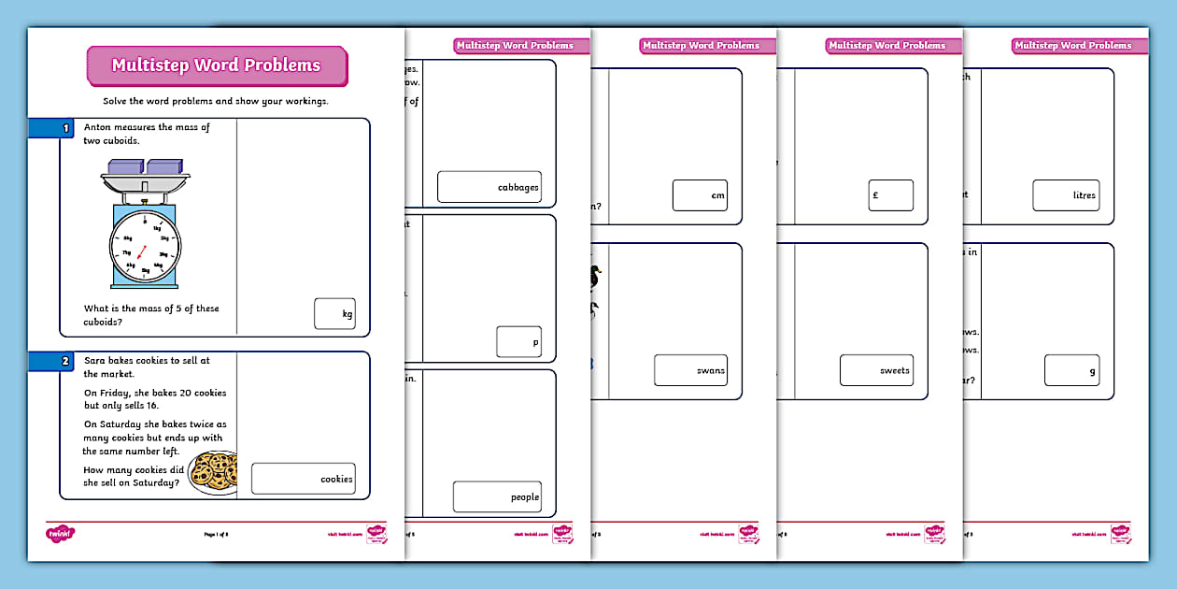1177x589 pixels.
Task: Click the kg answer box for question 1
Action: click(334, 313)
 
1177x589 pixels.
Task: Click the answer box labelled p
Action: click(518, 341)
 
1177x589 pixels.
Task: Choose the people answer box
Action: click(497, 496)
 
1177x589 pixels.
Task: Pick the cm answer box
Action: click(700, 194)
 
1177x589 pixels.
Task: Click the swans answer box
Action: click(690, 369)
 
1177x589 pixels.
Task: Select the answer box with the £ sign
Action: click(890, 194)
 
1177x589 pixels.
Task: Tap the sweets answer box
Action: click(876, 369)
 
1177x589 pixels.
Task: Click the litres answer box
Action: click(1066, 194)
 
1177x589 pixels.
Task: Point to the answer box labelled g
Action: click(1071, 369)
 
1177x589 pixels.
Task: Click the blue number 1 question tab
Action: click(50, 128)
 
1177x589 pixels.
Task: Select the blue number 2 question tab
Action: click(50, 360)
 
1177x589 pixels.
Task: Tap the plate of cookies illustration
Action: click(213, 472)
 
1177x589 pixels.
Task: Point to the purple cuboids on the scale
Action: click(145, 167)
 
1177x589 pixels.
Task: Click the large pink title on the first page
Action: click(216, 65)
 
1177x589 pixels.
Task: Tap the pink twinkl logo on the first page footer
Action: click(60, 534)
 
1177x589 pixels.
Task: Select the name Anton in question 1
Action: click(99, 126)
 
